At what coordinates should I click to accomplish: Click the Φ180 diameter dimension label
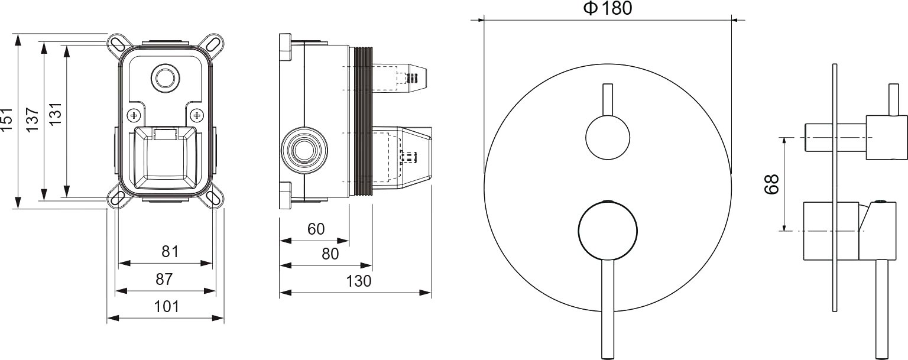[608, 8]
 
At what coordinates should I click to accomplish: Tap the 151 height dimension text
[7, 119]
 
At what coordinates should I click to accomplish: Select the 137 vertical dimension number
[33, 119]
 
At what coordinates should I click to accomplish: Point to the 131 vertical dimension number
[55, 113]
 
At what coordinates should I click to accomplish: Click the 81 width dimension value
[170, 251]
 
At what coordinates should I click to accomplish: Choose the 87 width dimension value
[164, 279]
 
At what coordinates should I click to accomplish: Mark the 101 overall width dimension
[167, 306]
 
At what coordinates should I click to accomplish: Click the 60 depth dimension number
[316, 229]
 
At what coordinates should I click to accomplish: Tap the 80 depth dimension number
[330, 254]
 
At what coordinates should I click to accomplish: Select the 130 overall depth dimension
[359, 281]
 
